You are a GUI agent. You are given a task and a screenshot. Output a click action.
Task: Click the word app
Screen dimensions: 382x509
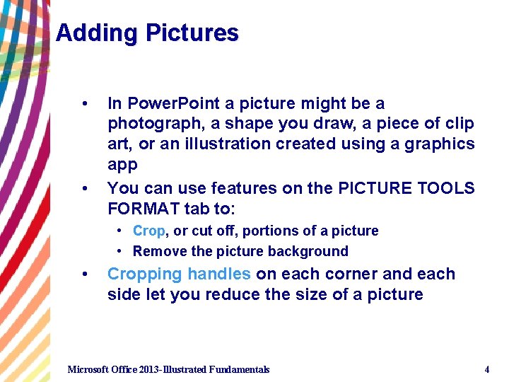(121, 164)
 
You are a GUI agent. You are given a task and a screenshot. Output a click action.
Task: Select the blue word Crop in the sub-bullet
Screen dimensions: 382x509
(148, 231)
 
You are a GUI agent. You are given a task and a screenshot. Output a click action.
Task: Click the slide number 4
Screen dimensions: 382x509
(486, 369)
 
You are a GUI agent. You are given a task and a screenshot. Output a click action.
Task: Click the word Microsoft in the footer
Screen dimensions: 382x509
(88, 369)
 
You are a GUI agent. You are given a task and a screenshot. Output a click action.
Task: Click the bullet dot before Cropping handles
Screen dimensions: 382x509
(85, 274)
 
